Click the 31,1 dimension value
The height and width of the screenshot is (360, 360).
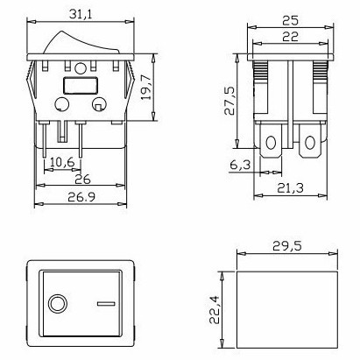pyautogui.click(x=81, y=14)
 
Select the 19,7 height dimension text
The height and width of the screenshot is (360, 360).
pyautogui.click(x=146, y=88)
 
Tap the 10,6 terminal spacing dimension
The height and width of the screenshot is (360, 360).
pyautogui.click(x=62, y=162)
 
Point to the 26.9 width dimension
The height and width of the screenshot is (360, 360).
pyautogui.click(x=81, y=197)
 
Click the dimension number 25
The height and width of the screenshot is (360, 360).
pyautogui.click(x=291, y=20)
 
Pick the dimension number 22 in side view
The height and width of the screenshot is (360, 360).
pyautogui.click(x=291, y=37)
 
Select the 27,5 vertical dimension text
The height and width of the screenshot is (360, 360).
pyautogui.click(x=229, y=102)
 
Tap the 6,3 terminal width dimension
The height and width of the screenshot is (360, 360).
pyautogui.click(x=240, y=165)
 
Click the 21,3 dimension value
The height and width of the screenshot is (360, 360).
pyautogui.click(x=290, y=188)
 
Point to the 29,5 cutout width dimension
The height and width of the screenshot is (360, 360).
pyautogui.click(x=287, y=246)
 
